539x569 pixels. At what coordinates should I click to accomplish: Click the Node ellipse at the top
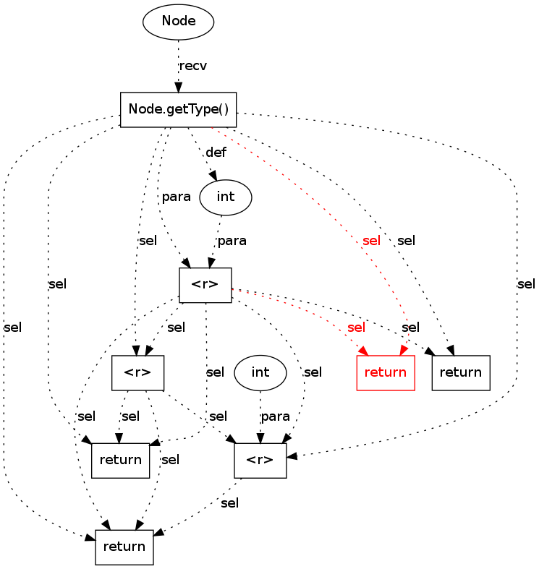click(x=179, y=21)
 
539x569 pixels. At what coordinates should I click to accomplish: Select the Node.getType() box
click(x=179, y=109)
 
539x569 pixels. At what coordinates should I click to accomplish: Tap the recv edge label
click(x=192, y=66)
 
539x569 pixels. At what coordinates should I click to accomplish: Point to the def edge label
click(x=216, y=153)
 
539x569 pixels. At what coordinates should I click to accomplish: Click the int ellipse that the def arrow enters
click(x=225, y=197)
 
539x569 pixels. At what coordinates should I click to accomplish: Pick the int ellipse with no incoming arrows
click(x=260, y=372)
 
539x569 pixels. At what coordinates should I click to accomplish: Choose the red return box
click(x=386, y=373)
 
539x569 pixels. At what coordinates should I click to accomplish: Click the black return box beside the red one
click(x=461, y=373)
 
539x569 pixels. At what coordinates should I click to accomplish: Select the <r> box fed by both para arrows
click(x=205, y=285)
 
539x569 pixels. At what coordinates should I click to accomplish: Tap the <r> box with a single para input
click(x=260, y=461)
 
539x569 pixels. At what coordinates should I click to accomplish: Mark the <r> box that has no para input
click(x=137, y=373)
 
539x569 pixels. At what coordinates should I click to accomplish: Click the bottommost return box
click(x=124, y=547)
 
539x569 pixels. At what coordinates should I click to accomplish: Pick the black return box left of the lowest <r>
click(x=120, y=461)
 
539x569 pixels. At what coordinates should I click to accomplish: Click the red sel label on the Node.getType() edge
click(x=370, y=241)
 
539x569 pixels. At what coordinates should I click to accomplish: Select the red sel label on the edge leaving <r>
click(x=356, y=328)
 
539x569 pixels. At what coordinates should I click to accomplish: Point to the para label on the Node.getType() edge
click(x=176, y=197)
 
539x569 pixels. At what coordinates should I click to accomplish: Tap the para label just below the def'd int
click(x=232, y=241)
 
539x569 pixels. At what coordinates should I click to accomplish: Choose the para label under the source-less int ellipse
click(x=275, y=416)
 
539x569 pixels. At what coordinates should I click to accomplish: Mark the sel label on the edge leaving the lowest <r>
click(x=229, y=503)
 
